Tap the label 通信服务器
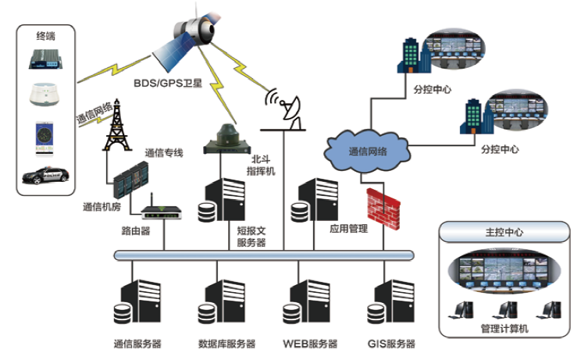pyautogui.click(x=137, y=344)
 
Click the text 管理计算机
pyautogui.click(x=504, y=329)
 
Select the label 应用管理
pyautogui.click(x=348, y=230)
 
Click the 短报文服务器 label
pyautogui.click(x=251, y=237)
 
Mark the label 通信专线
pyautogui.click(x=164, y=152)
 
